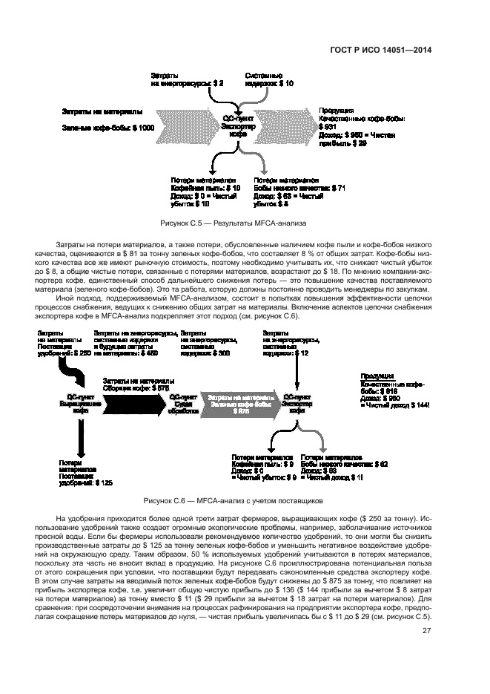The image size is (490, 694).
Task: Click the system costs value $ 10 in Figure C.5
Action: [x=288, y=84]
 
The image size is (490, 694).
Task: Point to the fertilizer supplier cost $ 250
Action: [x=82, y=353]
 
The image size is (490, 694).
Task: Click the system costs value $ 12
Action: [x=301, y=353]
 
